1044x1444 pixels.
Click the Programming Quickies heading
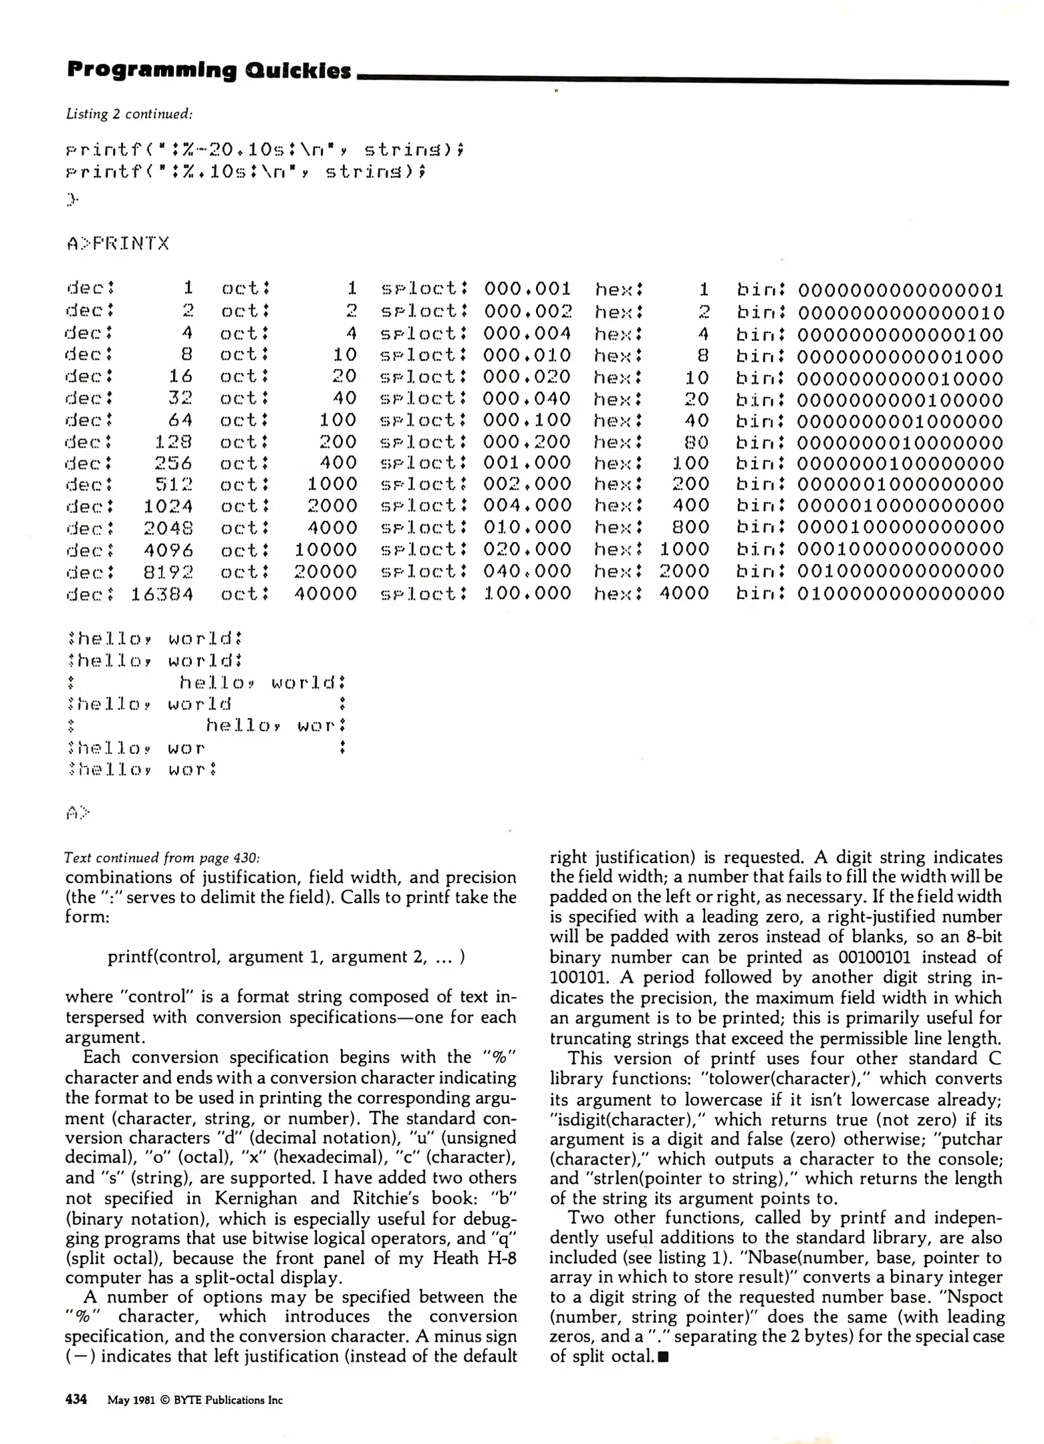click(209, 70)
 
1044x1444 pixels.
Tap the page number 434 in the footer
click(76, 1399)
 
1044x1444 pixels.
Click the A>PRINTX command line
click(118, 243)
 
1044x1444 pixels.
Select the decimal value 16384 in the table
click(162, 594)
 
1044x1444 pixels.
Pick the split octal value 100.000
click(527, 594)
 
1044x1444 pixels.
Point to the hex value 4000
click(684, 594)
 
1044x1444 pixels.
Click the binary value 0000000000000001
click(900, 290)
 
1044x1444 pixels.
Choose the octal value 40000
click(326, 594)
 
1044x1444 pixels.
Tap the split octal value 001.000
click(527, 463)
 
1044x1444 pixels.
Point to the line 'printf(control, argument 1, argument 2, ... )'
click(286, 957)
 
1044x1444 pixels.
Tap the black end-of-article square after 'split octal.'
click(663, 1356)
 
